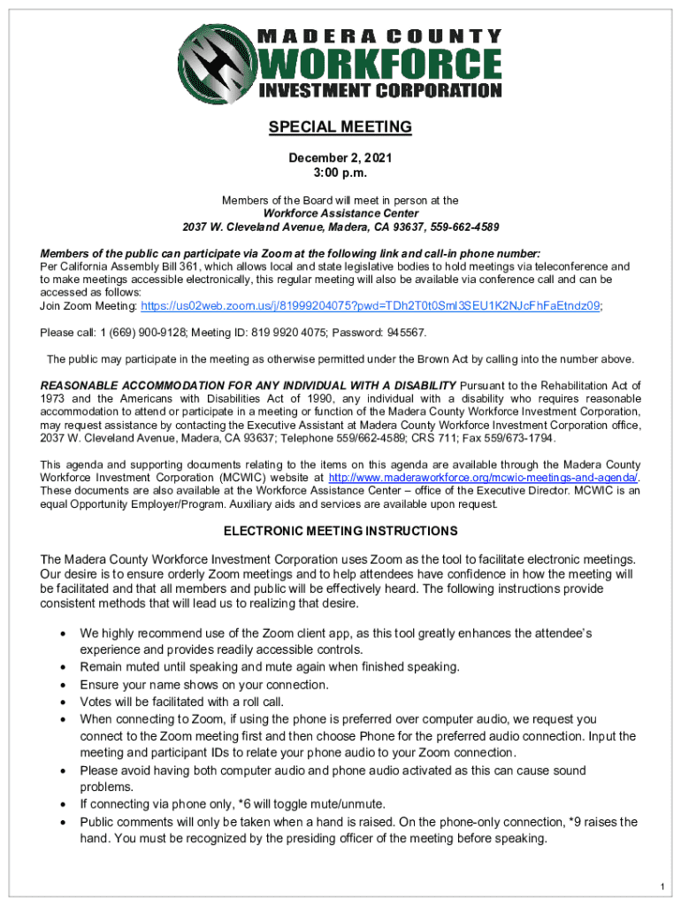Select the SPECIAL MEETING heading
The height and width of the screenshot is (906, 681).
point(340,127)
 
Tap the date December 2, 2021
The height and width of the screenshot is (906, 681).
point(340,157)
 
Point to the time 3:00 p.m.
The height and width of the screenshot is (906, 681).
point(340,173)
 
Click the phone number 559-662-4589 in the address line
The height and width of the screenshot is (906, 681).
point(464,226)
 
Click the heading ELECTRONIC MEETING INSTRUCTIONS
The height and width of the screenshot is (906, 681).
point(340,532)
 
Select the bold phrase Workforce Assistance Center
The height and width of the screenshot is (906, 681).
point(340,213)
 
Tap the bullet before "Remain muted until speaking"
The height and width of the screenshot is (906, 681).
point(61,667)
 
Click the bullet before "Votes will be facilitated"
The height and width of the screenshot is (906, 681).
point(61,702)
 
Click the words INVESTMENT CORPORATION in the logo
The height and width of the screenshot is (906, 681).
point(381,90)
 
